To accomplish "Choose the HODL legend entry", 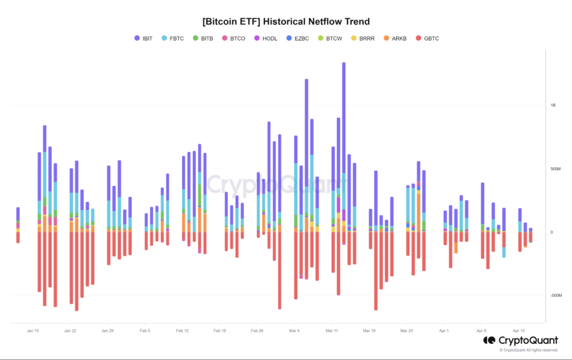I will pyautogui.click(x=265, y=38).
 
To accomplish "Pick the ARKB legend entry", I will pyautogui.click(x=395, y=38).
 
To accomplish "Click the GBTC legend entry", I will pyautogui.click(x=427, y=38).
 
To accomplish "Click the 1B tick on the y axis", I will pyautogui.click(x=553, y=105).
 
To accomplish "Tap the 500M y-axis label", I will pyautogui.click(x=555, y=169).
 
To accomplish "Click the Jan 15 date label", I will pyautogui.click(x=32, y=331).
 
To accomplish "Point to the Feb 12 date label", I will pyautogui.click(x=183, y=331).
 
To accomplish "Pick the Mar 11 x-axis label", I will pyautogui.click(x=332, y=331).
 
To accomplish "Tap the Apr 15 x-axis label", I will pyautogui.click(x=518, y=331).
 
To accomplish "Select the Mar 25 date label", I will pyautogui.click(x=407, y=331).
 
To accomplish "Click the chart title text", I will pyautogui.click(x=285, y=21).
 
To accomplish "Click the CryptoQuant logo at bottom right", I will pyautogui.click(x=521, y=340).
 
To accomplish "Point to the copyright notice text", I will pyautogui.click(x=528, y=351).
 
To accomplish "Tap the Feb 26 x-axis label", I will pyautogui.click(x=257, y=331).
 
